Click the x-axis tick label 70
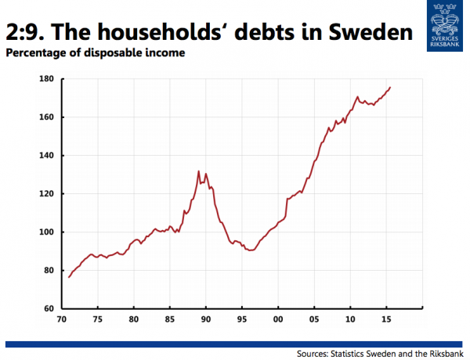(x=61, y=320)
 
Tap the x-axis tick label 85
(x=169, y=320)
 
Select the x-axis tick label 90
(x=205, y=320)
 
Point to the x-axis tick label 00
(x=277, y=320)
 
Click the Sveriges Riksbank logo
(x=443, y=23)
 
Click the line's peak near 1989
(x=198, y=171)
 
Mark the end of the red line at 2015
(x=390, y=87)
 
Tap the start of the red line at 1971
(x=69, y=277)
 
